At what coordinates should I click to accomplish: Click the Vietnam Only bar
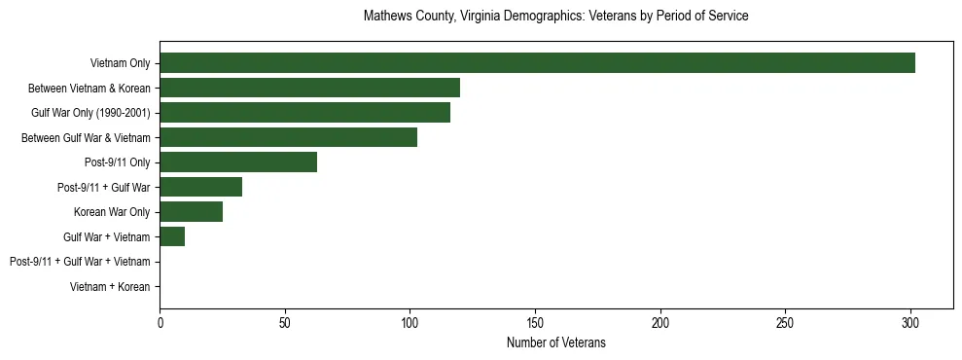pos(537,63)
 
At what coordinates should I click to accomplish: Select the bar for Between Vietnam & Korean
pos(309,89)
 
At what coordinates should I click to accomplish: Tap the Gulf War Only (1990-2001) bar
pos(304,113)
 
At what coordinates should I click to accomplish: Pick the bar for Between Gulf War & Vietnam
pos(288,138)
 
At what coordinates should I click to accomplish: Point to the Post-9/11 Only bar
pos(238,162)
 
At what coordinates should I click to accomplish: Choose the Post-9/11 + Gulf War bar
pos(200,188)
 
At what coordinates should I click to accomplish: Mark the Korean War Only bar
pos(191,212)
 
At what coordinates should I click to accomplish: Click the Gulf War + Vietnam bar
pos(172,236)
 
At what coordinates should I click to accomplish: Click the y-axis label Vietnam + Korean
pos(110,287)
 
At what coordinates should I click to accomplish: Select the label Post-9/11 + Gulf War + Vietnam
pos(80,262)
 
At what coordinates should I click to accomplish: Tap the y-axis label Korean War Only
pos(112,212)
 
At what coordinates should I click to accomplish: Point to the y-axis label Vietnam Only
pos(120,64)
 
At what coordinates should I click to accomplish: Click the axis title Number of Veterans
pos(555,342)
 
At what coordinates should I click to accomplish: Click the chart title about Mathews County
pos(555,17)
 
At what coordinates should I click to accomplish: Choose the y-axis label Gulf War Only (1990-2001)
pos(90,114)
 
